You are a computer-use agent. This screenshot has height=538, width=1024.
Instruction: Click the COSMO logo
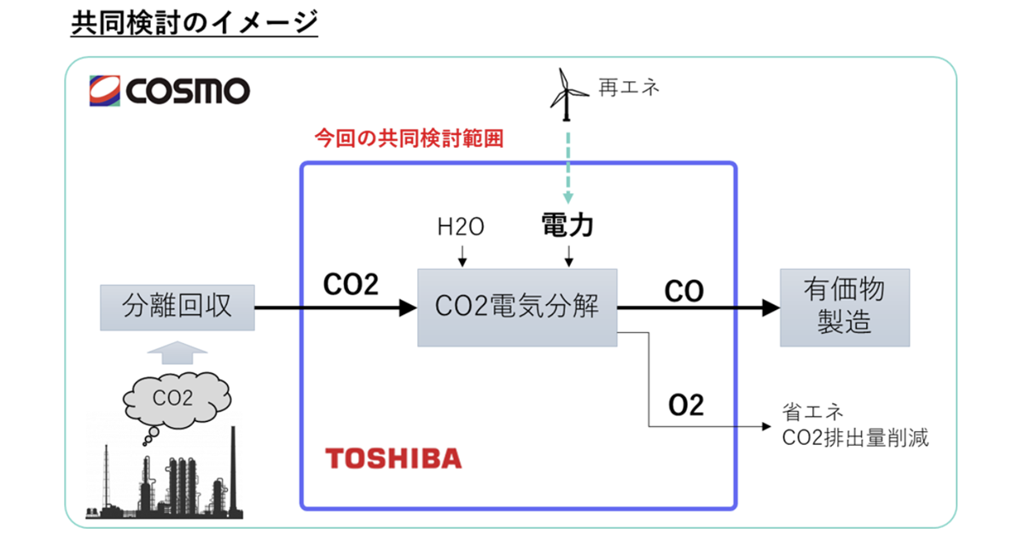coord(169,90)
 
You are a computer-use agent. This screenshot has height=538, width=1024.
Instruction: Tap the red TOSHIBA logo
coord(393,459)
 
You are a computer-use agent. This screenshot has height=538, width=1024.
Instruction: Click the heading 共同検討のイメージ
coord(195,23)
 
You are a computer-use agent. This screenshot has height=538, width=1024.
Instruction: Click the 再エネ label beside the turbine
coord(630,87)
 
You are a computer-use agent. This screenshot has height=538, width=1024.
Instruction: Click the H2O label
coord(461,227)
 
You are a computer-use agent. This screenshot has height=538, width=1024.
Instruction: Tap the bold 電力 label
coord(568,226)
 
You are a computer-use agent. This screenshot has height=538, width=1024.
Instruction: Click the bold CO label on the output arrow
coord(684,291)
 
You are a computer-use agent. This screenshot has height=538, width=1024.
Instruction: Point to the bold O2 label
coord(686,405)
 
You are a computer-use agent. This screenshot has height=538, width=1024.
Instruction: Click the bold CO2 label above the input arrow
coord(350,285)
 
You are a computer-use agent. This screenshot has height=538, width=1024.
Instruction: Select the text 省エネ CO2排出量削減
coord(854,426)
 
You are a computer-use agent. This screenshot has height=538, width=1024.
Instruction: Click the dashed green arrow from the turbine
coord(564,161)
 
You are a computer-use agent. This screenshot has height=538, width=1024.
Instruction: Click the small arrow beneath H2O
coord(461,254)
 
